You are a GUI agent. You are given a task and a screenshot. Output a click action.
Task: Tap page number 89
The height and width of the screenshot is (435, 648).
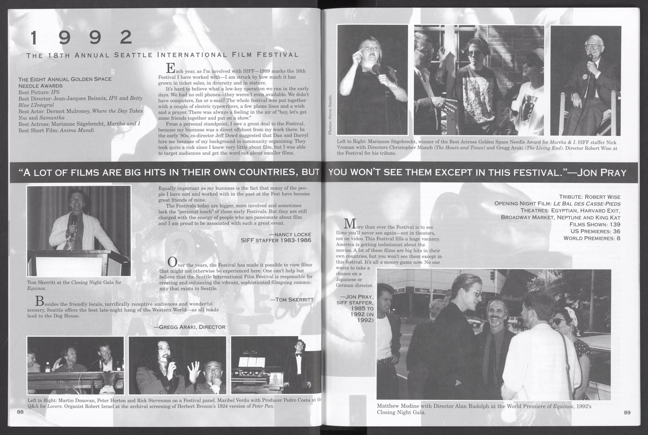coord(627,413)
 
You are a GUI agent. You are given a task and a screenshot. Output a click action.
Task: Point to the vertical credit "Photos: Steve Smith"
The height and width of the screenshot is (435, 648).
coord(330,115)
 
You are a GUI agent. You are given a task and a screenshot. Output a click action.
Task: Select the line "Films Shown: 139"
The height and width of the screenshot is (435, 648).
coord(595,224)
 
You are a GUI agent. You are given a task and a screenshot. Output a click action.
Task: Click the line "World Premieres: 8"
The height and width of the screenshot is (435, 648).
coord(592,238)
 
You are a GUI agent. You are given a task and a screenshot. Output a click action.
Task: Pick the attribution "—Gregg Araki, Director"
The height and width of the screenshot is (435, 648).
coord(189,327)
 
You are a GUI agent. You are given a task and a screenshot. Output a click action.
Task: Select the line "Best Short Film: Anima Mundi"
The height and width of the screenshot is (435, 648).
coord(56,130)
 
